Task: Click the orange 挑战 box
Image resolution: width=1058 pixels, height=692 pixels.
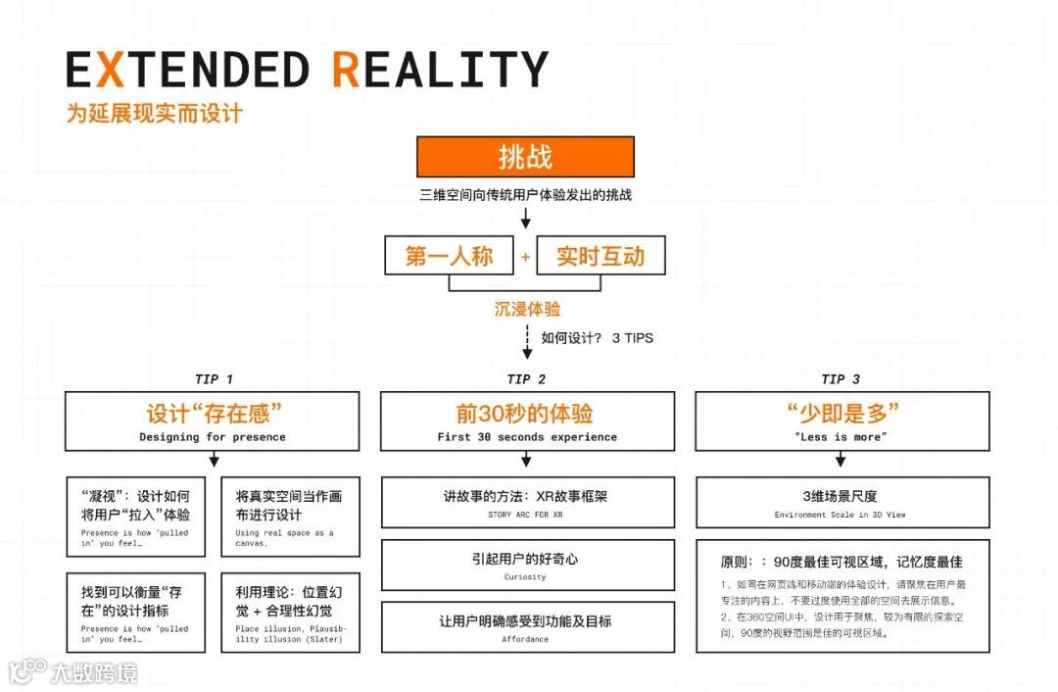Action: (x=525, y=157)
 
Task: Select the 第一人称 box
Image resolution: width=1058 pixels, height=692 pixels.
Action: (x=450, y=256)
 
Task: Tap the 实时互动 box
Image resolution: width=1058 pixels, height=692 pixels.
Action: (x=601, y=256)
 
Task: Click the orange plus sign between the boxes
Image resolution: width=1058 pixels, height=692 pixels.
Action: (x=525, y=257)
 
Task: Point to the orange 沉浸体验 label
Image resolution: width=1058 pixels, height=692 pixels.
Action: (x=527, y=309)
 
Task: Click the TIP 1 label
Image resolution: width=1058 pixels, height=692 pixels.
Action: (x=214, y=379)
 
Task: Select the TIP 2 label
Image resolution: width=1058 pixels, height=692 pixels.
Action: (x=526, y=379)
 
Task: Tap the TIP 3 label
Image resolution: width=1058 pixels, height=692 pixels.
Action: (x=841, y=379)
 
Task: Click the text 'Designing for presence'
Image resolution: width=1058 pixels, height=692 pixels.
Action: (x=213, y=437)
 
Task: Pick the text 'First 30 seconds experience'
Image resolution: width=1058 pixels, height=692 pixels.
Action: (x=527, y=437)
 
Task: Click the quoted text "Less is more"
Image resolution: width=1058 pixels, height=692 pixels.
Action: (x=842, y=437)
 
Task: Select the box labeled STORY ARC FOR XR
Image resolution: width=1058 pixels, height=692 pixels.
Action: (x=527, y=502)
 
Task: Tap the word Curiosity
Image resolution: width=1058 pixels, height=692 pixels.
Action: (x=526, y=577)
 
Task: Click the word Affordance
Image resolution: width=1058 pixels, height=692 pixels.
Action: (x=526, y=639)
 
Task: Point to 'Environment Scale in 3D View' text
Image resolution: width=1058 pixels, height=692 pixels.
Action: (x=841, y=515)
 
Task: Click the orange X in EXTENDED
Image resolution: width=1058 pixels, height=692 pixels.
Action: (x=111, y=71)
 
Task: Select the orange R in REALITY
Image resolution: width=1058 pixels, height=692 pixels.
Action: (x=347, y=71)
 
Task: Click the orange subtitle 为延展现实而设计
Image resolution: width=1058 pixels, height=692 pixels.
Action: (x=155, y=114)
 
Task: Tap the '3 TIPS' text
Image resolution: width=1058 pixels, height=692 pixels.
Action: (x=632, y=338)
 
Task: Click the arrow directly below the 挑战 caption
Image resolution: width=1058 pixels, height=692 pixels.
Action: (x=526, y=219)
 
